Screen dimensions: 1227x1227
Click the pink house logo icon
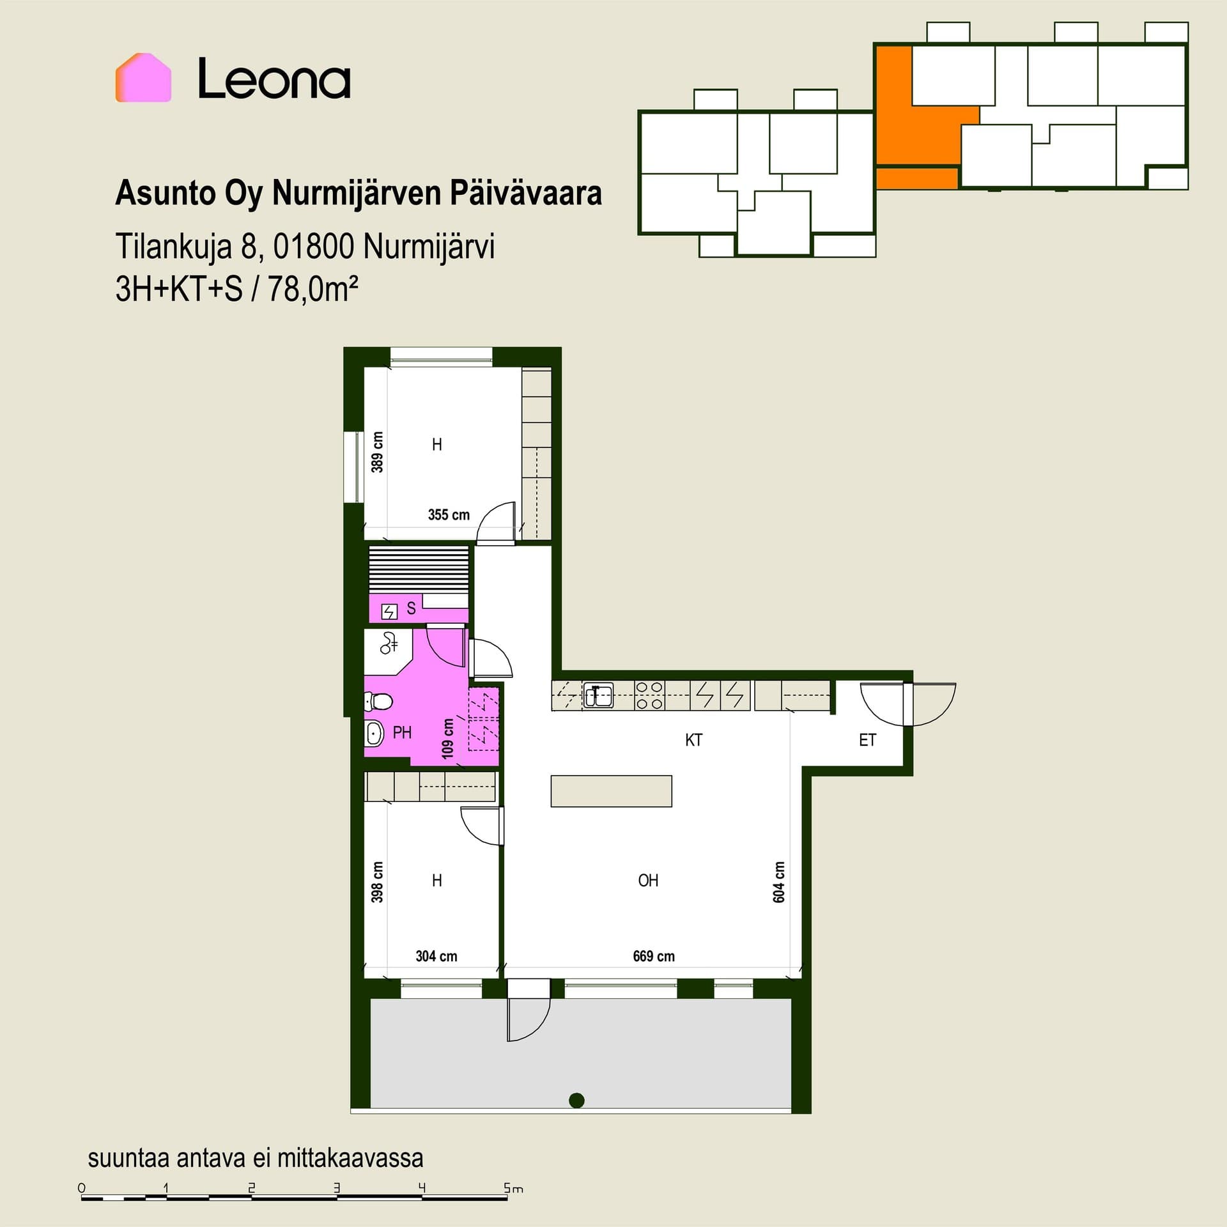pos(143,77)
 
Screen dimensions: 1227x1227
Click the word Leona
pos(274,79)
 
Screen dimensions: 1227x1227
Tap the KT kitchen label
pos(693,740)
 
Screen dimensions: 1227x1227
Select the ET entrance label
pos(867,740)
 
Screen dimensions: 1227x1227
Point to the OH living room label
pos(648,881)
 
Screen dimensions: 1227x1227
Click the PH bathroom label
pos(402,732)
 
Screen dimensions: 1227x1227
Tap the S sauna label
pos(411,608)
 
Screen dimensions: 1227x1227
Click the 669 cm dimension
pos(654,956)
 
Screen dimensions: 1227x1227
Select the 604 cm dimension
pos(779,882)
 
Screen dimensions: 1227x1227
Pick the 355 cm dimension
pos(449,514)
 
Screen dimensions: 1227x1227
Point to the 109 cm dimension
pos(448,739)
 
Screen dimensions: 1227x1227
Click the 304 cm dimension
pos(436,956)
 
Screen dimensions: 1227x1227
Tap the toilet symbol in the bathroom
pos(378,702)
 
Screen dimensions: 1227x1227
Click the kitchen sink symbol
pos(598,695)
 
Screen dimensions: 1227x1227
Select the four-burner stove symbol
pos(650,695)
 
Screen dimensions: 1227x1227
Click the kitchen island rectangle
pos(611,791)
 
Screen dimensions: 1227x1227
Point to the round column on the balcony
pos(576,1100)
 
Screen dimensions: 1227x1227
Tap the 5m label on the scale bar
pos(513,1189)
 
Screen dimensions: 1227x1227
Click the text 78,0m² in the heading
pos(313,289)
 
